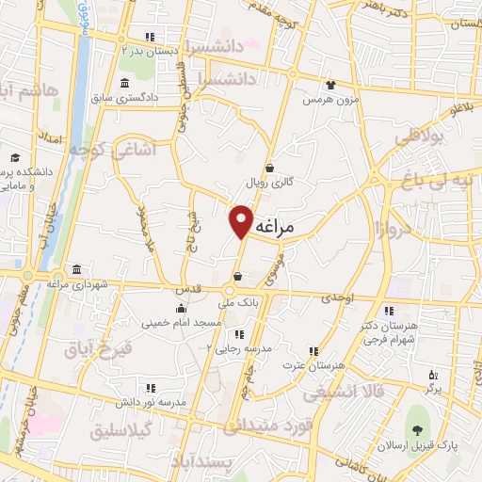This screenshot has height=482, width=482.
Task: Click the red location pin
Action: tap(242, 221)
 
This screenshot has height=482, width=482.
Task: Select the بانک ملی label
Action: tap(238, 303)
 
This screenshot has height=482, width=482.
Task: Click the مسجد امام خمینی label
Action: tap(182, 323)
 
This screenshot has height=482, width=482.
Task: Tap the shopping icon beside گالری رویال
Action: tap(270, 167)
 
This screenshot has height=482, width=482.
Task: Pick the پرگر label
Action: tap(432, 387)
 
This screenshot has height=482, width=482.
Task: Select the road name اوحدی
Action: tap(338, 297)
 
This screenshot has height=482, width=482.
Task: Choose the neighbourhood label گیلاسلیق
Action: tap(128, 431)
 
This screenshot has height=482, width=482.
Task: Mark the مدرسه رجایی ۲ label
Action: tap(245, 347)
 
